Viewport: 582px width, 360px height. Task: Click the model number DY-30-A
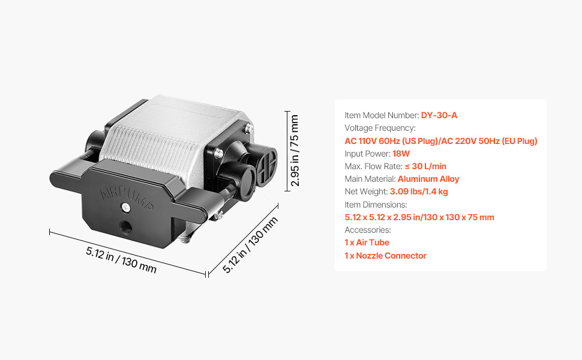[x=439, y=115]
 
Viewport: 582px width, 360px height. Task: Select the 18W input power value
[x=401, y=154]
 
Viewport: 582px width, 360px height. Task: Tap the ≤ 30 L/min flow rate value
[x=426, y=166]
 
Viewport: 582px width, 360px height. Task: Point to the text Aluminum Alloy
[x=428, y=179]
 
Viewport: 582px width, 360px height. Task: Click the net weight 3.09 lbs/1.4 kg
[x=419, y=191]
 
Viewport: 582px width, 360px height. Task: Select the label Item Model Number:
[x=382, y=115]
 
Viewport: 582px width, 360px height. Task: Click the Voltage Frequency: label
[x=380, y=128]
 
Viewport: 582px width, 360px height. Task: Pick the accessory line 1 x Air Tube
[x=367, y=242]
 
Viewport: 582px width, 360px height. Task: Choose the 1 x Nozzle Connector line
[x=385, y=256]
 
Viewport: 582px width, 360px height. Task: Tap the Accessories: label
[x=367, y=230]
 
